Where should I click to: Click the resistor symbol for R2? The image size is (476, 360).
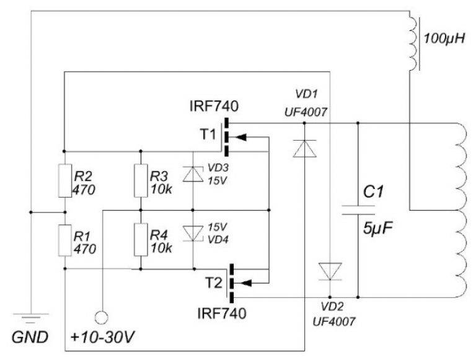click(64, 180)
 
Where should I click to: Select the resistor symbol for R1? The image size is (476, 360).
click(64, 241)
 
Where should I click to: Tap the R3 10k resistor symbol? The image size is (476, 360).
click(141, 180)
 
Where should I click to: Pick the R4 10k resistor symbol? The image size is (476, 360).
click(141, 241)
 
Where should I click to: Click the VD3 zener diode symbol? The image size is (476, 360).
click(192, 175)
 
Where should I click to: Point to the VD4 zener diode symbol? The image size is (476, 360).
click(192, 233)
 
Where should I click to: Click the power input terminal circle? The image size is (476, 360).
click(102, 317)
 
